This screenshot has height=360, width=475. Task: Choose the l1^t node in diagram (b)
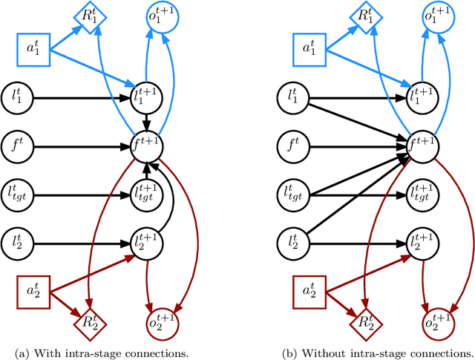tap(294, 96)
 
